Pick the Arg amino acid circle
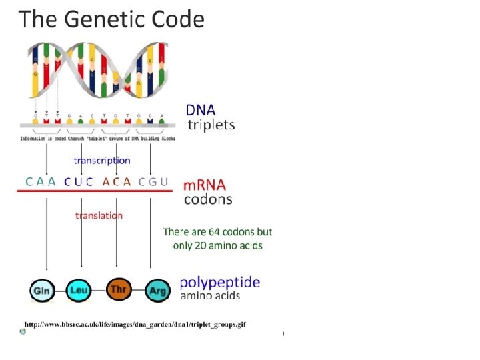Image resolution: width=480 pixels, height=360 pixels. (x=157, y=290)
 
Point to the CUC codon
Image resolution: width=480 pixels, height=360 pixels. (x=79, y=181)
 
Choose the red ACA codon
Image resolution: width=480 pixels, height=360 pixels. (x=117, y=181)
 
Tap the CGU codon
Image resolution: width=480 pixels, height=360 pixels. (x=153, y=181)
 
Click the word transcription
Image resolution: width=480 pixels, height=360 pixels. (x=101, y=160)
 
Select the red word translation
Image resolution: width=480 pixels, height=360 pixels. (x=99, y=215)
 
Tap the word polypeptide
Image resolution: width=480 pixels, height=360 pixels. (x=220, y=282)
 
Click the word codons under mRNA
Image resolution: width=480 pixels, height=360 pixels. (x=208, y=199)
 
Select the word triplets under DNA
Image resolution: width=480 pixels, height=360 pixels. (x=211, y=125)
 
